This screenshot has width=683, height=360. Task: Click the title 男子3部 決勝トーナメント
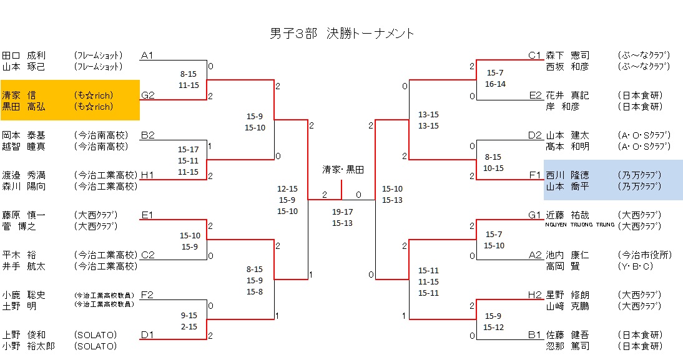[342, 34]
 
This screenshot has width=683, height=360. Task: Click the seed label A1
[147, 56]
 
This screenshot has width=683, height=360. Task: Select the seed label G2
[148, 95]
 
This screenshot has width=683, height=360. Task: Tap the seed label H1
[148, 175]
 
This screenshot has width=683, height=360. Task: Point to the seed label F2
[148, 295]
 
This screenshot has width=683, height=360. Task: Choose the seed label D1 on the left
[148, 335]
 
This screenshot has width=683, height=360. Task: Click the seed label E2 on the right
[535, 95]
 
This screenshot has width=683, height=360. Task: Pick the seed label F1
[535, 175]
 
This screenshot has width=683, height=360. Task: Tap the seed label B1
[534, 335]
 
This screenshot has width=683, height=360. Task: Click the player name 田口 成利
[24, 56]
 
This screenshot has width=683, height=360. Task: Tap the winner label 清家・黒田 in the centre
[343, 170]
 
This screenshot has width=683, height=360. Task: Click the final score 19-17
[342, 212]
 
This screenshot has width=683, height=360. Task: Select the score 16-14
[495, 84]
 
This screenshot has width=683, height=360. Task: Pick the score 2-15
[188, 326]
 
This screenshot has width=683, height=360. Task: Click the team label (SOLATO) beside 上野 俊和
[95, 335]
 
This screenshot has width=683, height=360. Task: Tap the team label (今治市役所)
[644, 255]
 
